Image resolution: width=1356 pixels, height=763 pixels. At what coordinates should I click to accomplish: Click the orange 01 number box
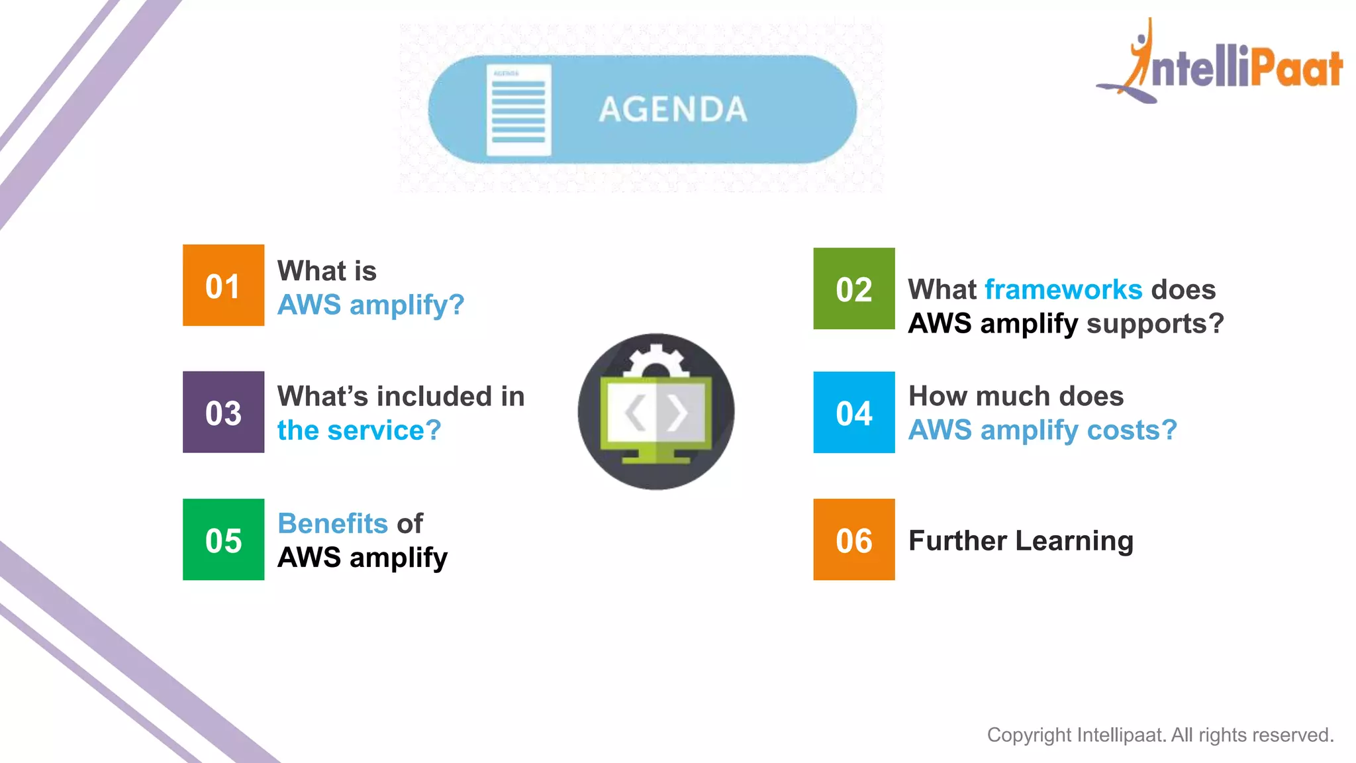223,285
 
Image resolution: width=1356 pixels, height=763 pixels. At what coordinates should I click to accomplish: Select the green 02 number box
853,289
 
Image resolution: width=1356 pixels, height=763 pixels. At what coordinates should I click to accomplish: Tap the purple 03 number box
223,412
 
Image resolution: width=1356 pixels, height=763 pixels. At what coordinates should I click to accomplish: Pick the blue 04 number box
853,413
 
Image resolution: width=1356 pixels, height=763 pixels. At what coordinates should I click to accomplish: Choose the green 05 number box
223,540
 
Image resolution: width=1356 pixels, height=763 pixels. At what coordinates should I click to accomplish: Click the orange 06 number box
853,540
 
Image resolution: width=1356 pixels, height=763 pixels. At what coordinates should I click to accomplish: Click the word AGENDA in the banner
673,109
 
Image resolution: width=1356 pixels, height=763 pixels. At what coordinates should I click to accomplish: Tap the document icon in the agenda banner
518,110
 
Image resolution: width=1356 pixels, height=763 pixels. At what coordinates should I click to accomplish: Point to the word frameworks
1063,289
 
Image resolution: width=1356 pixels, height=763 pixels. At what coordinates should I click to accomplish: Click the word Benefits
332,523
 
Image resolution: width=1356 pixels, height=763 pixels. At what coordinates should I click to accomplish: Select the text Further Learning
1020,540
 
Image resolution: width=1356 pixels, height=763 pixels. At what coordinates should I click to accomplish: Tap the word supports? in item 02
1155,324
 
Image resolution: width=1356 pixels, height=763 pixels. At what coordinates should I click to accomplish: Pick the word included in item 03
435,396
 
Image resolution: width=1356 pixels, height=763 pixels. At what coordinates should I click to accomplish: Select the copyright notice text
1160,735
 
